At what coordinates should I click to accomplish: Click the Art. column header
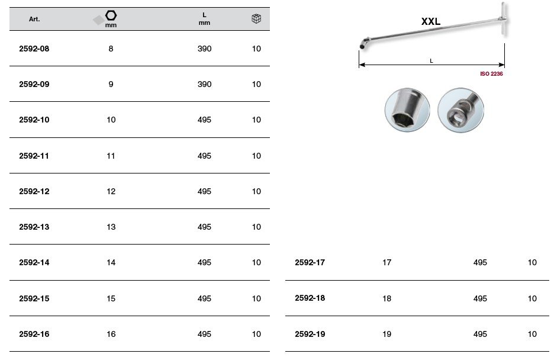click(34, 19)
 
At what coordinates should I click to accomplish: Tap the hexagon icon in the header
click(111, 15)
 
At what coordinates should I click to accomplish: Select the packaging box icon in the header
click(256, 19)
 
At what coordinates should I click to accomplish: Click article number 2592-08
click(34, 49)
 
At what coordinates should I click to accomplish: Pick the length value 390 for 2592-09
click(205, 85)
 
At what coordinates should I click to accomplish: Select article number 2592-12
click(34, 191)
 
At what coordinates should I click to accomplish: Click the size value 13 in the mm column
click(111, 227)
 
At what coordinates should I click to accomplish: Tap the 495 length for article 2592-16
click(205, 334)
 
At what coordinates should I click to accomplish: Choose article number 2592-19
click(310, 334)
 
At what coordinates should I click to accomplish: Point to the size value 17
click(387, 262)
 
